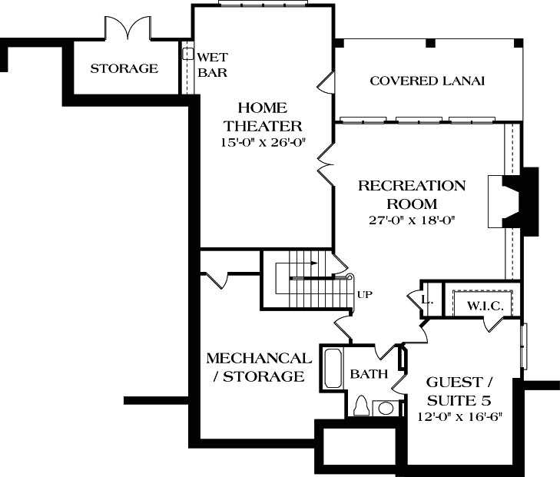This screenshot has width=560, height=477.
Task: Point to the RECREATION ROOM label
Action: pyautogui.click(x=412, y=195)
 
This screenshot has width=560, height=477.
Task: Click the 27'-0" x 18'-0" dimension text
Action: pyautogui.click(x=412, y=221)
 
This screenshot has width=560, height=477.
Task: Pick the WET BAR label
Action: pyautogui.click(x=212, y=65)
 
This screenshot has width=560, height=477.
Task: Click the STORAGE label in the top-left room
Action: pyautogui.click(x=124, y=68)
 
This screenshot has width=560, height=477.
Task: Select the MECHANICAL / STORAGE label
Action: pyautogui.click(x=259, y=368)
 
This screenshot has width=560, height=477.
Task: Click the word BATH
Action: pyautogui.click(x=366, y=374)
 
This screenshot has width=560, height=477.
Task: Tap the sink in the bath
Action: pyautogui.click(x=386, y=407)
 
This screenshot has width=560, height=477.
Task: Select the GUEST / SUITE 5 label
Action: pyautogui.click(x=453, y=391)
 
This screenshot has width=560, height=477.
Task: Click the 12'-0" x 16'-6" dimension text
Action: pyautogui.click(x=453, y=418)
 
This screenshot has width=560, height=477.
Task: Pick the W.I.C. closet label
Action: pyautogui.click(x=485, y=306)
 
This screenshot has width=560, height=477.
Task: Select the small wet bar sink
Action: pyautogui.click(x=187, y=55)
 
